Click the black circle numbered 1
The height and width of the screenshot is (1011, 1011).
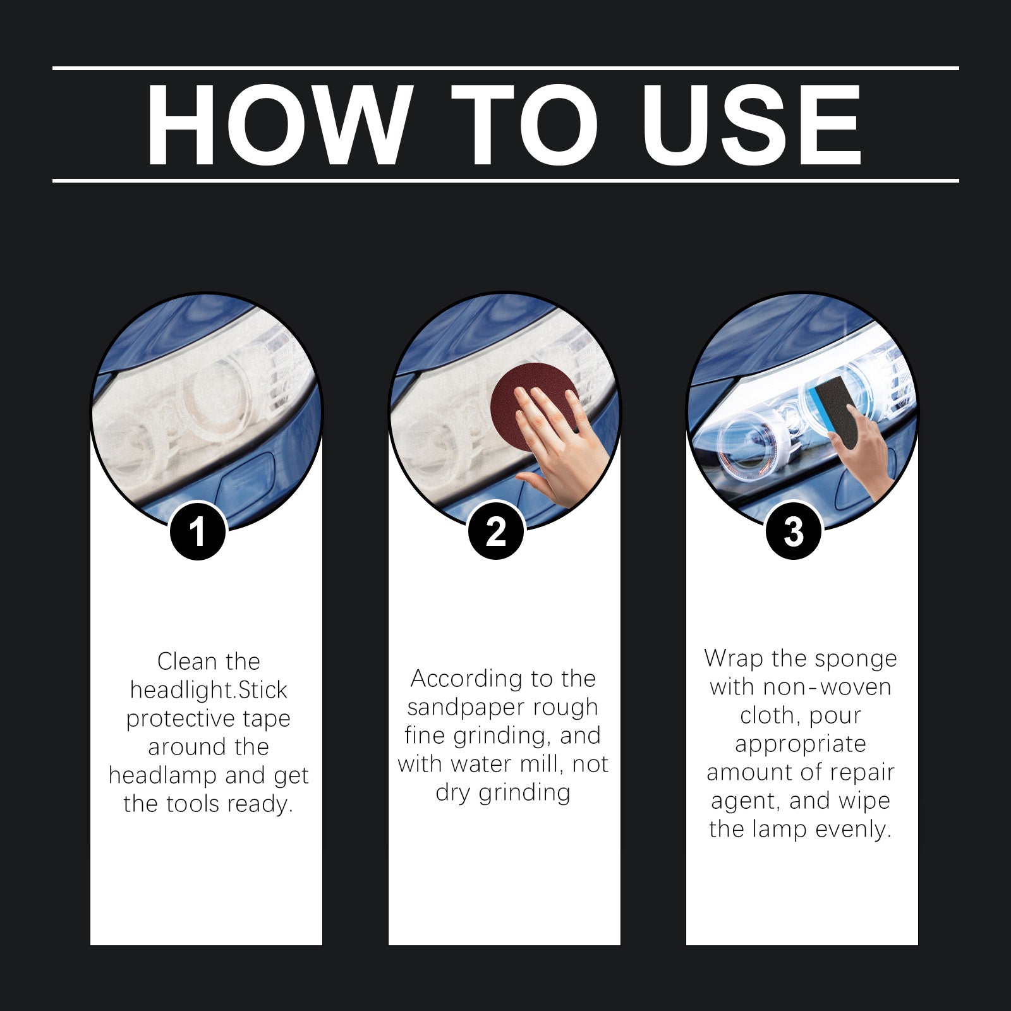pos(198,531)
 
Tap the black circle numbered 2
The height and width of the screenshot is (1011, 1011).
pos(496,531)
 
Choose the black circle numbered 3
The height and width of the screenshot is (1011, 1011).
pos(794,531)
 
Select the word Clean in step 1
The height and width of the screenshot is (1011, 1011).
pos(187,662)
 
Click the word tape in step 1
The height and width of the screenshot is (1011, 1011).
pos(266,718)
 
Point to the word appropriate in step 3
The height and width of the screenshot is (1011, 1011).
pos(801,744)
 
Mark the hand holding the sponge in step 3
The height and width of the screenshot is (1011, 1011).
pos(866,455)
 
